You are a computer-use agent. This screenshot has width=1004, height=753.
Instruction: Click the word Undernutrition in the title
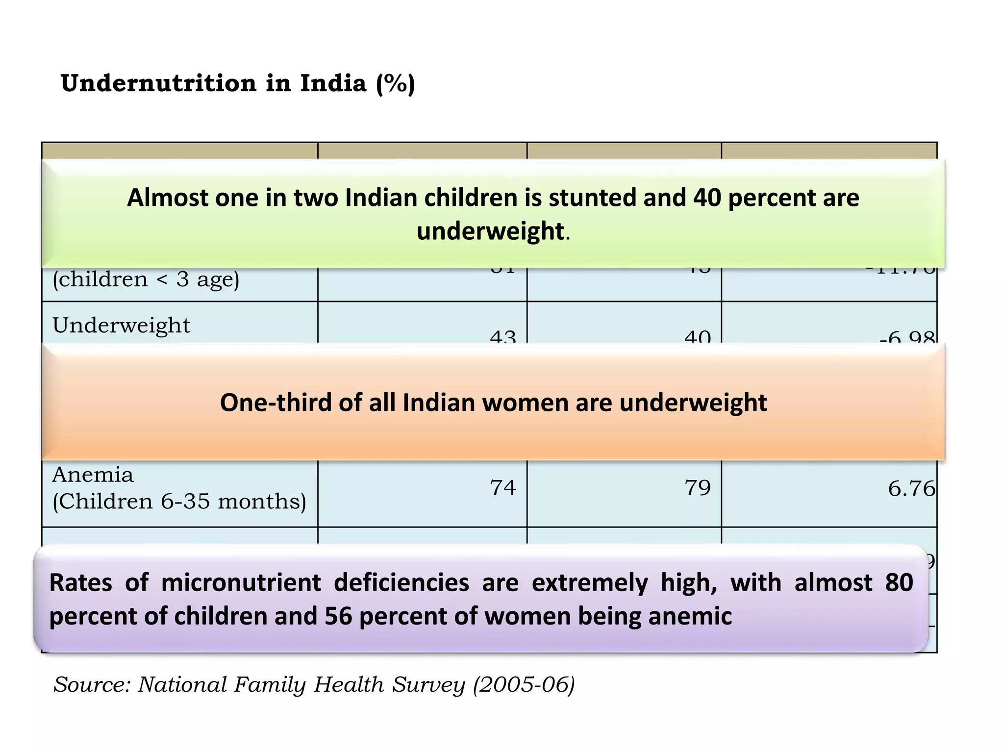(158, 83)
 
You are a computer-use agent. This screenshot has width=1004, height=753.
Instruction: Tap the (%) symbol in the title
(395, 84)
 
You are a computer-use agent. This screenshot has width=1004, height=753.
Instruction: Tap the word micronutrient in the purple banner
(241, 583)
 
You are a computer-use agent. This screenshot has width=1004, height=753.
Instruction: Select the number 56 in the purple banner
(338, 616)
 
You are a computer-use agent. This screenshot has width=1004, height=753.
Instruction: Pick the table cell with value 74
(502, 488)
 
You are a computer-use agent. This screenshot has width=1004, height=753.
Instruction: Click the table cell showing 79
(697, 488)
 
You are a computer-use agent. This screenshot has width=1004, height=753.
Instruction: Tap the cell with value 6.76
(911, 489)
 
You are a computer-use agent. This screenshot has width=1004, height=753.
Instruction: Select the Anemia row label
(93, 475)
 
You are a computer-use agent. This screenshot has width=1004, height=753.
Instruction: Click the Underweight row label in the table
(121, 326)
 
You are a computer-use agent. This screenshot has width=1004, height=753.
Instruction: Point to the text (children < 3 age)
(146, 279)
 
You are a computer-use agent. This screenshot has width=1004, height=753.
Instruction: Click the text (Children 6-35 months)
(179, 502)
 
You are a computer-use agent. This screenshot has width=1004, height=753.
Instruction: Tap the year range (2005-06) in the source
(523, 684)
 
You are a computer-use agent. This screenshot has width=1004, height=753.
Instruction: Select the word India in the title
(333, 83)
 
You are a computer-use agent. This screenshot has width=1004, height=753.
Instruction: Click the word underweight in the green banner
(490, 231)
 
